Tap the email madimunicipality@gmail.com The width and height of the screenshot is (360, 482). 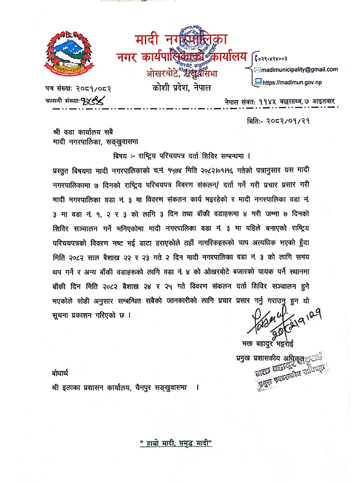299,70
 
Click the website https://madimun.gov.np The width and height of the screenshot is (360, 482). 292,83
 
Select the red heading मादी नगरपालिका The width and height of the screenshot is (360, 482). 181,40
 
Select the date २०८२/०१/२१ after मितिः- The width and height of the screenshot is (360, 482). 288,121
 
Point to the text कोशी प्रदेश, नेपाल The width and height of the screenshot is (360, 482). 181,87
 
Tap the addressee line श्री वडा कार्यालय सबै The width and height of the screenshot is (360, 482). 83,132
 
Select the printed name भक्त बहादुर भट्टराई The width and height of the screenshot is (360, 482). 267,344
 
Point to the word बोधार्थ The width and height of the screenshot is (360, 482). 60,373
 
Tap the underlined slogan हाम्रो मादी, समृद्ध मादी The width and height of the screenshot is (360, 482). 176,443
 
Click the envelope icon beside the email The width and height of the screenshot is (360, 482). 258,70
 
